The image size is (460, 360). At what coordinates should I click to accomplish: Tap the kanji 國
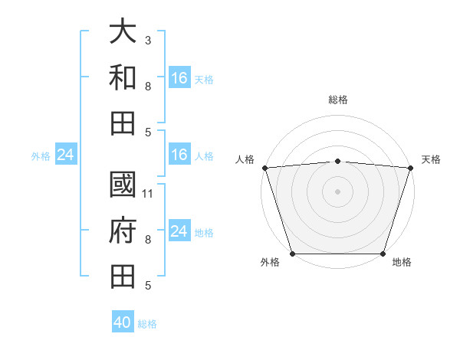123,185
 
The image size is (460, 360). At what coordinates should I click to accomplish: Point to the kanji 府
123,230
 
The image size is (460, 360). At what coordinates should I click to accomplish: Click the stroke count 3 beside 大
147,39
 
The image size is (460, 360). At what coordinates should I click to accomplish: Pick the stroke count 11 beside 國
148,193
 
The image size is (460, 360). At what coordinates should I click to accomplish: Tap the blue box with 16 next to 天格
179,78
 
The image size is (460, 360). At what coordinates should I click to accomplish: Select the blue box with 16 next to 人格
179,155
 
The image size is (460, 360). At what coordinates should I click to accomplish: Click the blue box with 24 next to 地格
179,231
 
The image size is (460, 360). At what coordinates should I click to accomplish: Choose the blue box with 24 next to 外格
65,155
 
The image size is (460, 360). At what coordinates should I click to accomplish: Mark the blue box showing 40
123,322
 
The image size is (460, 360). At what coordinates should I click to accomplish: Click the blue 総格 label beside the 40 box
148,324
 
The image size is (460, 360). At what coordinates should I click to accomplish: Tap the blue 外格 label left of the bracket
41,156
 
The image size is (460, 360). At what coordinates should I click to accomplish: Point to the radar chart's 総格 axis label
337,100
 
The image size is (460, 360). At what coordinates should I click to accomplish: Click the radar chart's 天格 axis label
431,159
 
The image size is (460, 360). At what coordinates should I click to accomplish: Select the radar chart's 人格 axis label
245,159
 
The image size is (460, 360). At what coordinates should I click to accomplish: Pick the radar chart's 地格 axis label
402,263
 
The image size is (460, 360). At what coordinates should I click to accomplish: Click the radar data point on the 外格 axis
292,254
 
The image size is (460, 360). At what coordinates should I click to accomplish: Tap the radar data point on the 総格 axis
337,161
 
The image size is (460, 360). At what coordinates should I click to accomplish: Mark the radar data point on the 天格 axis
410,168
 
